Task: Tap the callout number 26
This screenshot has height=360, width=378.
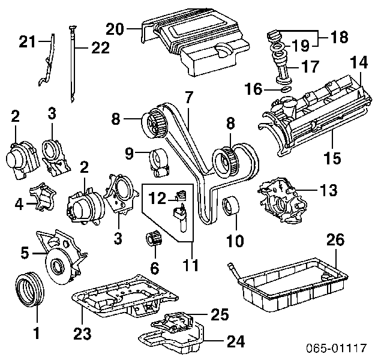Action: tap(336, 241)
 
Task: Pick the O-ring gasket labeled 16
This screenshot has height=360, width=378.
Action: tap(286, 91)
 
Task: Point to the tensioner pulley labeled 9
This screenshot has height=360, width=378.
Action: tap(159, 161)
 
